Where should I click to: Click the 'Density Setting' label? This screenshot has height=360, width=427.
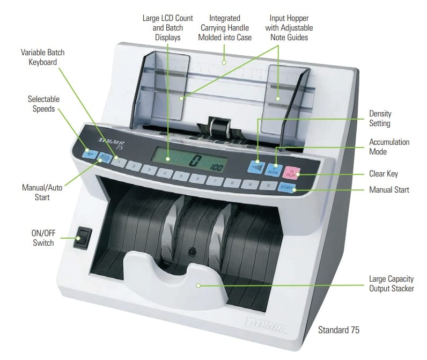point(380,119)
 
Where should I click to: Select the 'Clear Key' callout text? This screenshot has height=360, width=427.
point(384,173)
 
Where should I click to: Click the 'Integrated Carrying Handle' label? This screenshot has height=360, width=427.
point(225,27)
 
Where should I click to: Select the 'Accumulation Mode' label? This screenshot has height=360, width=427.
point(389,147)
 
